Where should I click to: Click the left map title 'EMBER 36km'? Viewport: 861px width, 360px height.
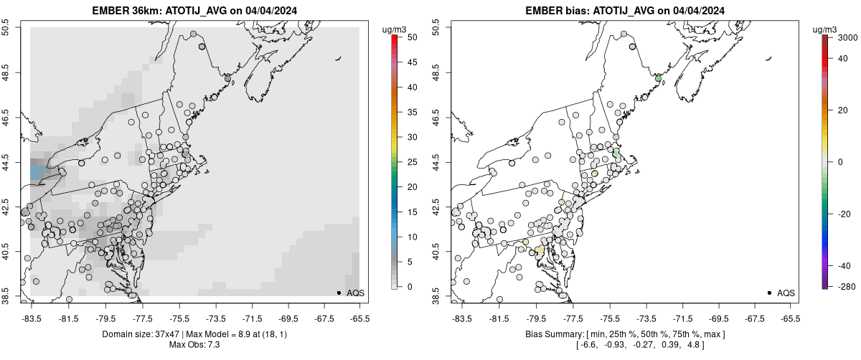tap(123, 11)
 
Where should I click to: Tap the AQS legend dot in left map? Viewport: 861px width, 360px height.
tap(339, 293)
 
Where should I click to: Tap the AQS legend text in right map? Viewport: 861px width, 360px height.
tap(786, 293)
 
